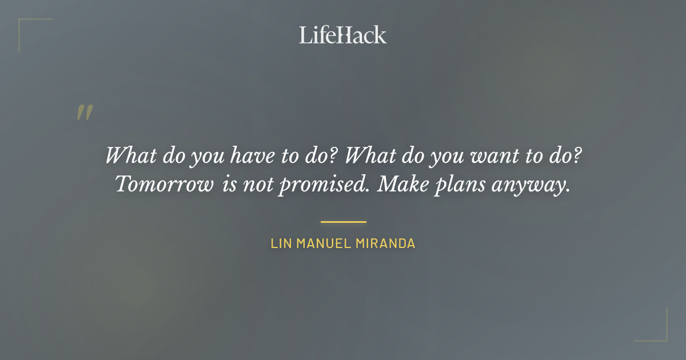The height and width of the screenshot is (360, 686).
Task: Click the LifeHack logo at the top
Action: tap(343, 35)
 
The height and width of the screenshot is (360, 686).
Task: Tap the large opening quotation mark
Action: tap(85, 113)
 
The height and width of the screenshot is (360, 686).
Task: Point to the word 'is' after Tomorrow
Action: tap(226, 185)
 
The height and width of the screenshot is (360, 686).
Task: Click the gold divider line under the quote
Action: tap(343, 222)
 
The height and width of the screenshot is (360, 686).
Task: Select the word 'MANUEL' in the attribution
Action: tap(324, 243)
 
